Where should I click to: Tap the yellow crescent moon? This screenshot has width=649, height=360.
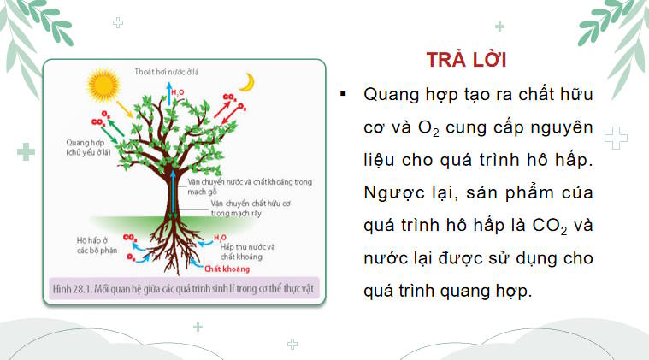(247, 81)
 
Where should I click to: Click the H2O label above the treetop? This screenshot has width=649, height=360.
(174, 88)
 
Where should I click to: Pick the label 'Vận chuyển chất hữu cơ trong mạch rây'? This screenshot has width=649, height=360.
(244, 209)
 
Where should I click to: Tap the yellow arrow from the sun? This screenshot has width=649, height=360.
(125, 109)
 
